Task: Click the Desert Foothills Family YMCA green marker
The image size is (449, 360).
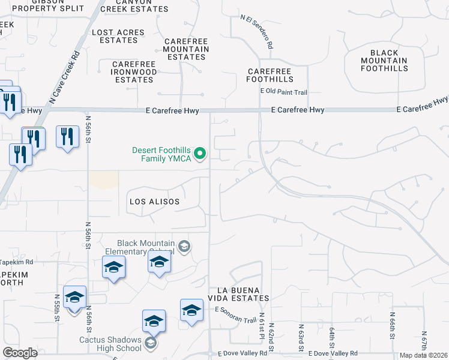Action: click(x=201, y=154)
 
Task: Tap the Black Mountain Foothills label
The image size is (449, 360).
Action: click(x=384, y=61)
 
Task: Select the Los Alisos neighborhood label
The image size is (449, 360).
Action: click(x=154, y=202)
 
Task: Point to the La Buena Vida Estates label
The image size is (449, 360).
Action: click(x=238, y=294)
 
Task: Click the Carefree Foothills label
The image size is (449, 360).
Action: click(x=270, y=75)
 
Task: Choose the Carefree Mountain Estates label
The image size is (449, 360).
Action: click(x=186, y=49)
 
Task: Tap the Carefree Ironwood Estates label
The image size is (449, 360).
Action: click(x=134, y=72)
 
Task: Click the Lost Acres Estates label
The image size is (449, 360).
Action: click(x=118, y=36)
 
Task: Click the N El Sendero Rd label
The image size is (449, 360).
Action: click(x=258, y=32)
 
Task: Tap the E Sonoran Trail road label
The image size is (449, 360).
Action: click(x=235, y=314)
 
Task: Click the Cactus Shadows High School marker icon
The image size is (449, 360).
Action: click(x=151, y=343)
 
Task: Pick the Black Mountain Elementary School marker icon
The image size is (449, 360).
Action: click(x=184, y=246)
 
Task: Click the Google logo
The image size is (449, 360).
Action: click(x=20, y=353)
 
